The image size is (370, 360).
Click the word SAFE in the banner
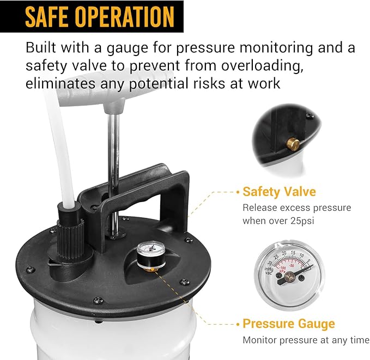coord(51,16)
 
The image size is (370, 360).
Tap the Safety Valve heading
coord(279,192)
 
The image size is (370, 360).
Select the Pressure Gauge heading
coord(289,324)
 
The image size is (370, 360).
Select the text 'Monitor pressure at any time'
coord(306,340)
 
